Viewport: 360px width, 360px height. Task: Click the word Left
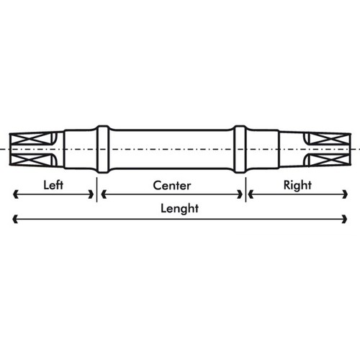[x=53, y=185]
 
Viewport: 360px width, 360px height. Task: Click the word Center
[x=172, y=186]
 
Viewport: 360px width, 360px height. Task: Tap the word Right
[x=297, y=185]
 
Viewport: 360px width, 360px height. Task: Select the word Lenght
[x=179, y=208]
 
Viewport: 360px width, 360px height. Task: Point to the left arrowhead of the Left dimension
[x=15, y=194]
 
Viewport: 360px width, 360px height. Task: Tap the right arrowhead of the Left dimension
[x=91, y=194]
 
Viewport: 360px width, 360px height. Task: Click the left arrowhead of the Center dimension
[x=104, y=194]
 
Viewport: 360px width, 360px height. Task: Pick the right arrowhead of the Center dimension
[x=240, y=194]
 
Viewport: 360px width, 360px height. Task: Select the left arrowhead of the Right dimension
[x=251, y=194]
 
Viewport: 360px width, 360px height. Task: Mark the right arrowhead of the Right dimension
[x=345, y=194]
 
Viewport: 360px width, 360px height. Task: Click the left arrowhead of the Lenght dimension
[x=15, y=219]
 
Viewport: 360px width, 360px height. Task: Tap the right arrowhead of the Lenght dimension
[x=344, y=219]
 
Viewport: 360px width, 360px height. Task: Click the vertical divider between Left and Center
[x=96, y=189]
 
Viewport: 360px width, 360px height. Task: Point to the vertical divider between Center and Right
[x=246, y=189]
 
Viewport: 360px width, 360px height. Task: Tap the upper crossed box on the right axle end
[x=329, y=139]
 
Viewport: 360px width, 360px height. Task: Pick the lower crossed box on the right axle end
[x=329, y=160]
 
